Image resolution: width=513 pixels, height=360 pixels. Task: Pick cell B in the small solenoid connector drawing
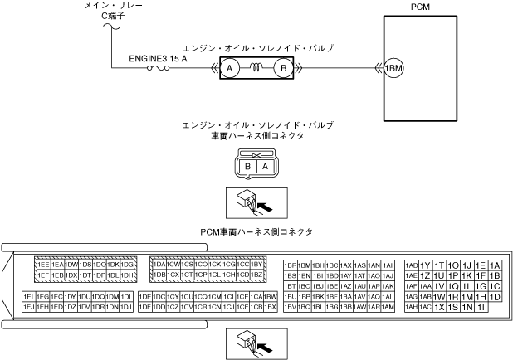pyautogui.click(x=247, y=166)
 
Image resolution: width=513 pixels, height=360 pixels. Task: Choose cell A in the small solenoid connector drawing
pyautogui.click(x=264, y=166)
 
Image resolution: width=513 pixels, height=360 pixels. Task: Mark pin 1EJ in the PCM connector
pyautogui.click(x=28, y=307)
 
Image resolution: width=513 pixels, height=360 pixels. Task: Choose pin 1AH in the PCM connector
pyautogui.click(x=410, y=307)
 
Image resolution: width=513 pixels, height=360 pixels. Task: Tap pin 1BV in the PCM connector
pyautogui.click(x=291, y=307)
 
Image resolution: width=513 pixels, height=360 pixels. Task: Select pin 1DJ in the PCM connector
pyautogui.click(x=126, y=307)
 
